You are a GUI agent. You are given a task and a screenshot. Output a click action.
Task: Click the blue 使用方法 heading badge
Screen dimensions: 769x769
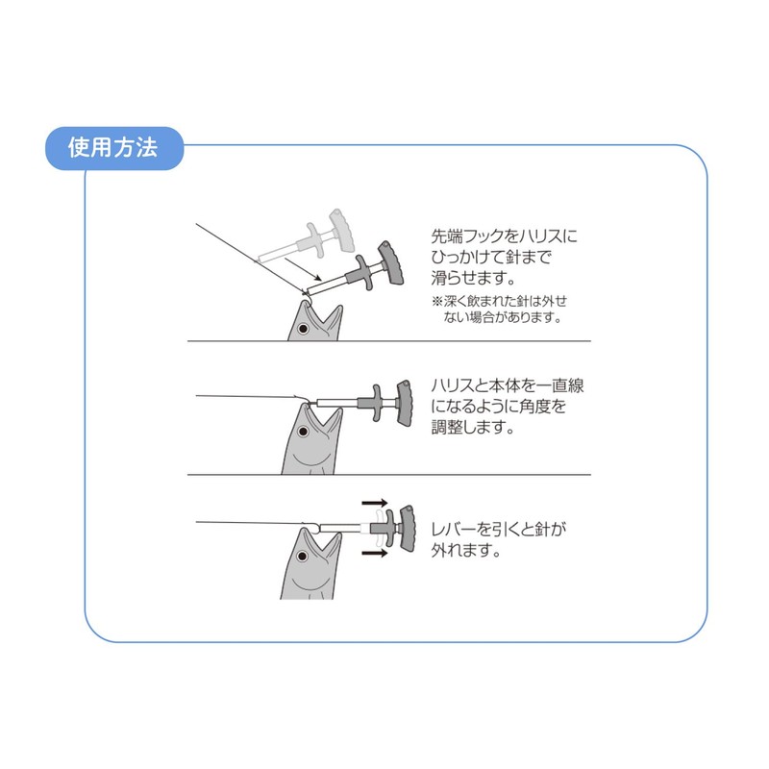[x=113, y=148]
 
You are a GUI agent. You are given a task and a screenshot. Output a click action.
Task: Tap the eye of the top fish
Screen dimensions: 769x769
[x=303, y=329]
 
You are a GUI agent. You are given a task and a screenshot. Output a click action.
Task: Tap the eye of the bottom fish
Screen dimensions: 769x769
[x=304, y=557]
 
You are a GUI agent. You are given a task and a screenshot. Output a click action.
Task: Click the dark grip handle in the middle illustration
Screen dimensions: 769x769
[x=405, y=399]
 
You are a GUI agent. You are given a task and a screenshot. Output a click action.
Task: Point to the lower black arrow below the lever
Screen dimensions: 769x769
[x=374, y=554]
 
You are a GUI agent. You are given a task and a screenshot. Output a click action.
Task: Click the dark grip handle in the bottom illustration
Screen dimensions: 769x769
[x=405, y=528]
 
